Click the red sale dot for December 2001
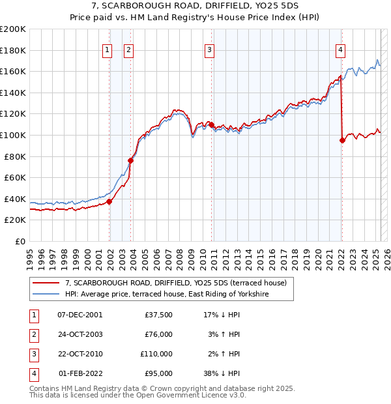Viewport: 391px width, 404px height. (109, 201)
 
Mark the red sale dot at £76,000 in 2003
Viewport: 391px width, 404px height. (131, 160)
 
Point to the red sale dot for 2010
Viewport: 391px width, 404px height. (211, 124)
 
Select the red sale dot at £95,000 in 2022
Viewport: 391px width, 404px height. (342, 140)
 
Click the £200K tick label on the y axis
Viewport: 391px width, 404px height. (13, 29)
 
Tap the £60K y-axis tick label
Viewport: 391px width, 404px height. (16, 177)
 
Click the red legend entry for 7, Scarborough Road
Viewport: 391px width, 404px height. (179, 283)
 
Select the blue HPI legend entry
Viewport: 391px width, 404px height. (166, 295)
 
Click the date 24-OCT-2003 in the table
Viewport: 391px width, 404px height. (80, 334)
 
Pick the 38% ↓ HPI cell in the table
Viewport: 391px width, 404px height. (222, 373)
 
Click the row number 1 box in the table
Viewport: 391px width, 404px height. (33, 315)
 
